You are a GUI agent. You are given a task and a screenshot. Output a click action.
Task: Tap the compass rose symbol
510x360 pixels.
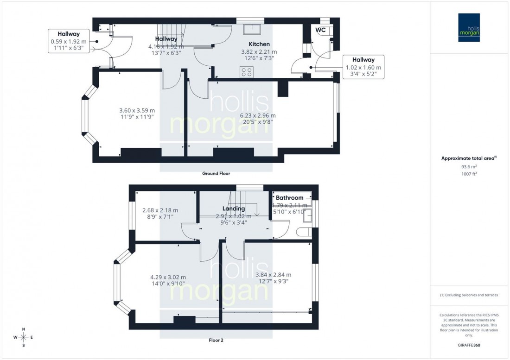click(23, 337)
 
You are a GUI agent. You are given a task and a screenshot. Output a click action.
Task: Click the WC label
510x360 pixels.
click(320, 30)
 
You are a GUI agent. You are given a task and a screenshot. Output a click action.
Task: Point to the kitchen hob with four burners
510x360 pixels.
click(247, 72)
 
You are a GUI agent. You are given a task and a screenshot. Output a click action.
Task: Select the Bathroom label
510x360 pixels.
click(289, 198)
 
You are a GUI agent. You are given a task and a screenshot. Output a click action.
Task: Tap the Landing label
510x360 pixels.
click(233, 208)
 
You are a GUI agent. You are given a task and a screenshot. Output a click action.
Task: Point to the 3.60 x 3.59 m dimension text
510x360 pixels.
click(137, 110)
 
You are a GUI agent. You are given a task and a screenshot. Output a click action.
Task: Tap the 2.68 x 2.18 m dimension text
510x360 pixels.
click(159, 210)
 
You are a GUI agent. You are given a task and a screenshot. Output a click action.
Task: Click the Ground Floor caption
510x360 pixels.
click(216, 174)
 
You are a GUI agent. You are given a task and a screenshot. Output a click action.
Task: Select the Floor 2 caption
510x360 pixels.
click(216, 340)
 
